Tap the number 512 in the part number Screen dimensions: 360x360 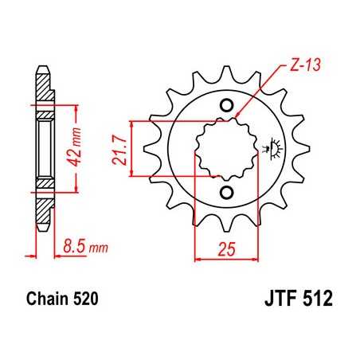pyautogui.click(x=317, y=302)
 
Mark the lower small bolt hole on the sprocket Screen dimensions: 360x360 pyautogui.click(x=225, y=193)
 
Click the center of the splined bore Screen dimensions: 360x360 pyautogui.click(x=225, y=148)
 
